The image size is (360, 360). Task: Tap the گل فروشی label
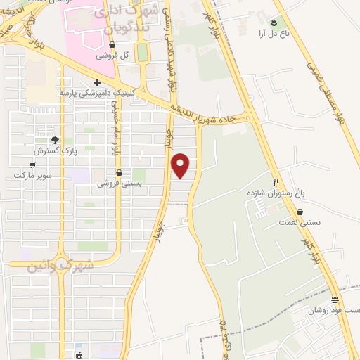point(115,55)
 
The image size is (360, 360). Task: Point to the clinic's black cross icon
point(97,82)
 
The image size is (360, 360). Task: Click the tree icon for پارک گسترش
point(55,140)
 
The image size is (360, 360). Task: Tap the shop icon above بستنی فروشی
point(119,172)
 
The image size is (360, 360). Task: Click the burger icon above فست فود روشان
point(334,300)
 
